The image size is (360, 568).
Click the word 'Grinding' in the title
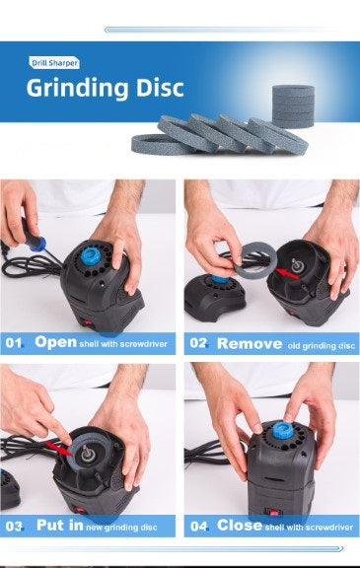pos(76,88)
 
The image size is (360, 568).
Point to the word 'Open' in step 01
pos(55,342)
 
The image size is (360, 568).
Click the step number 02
pos(199,343)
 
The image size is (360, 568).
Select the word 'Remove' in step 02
pos(249,343)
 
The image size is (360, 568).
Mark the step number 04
pos(199,526)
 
